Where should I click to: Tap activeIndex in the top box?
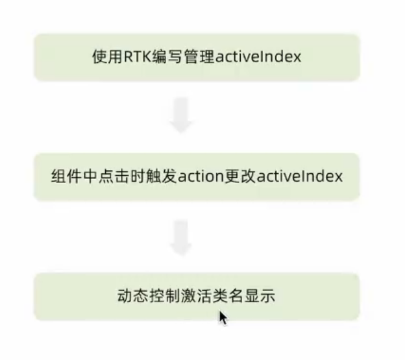point(258,57)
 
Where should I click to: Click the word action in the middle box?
point(197,176)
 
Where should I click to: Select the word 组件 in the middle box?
point(64,176)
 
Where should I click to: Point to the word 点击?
point(108,176)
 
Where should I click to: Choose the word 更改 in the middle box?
point(240,176)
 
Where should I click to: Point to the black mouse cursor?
point(223,317)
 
